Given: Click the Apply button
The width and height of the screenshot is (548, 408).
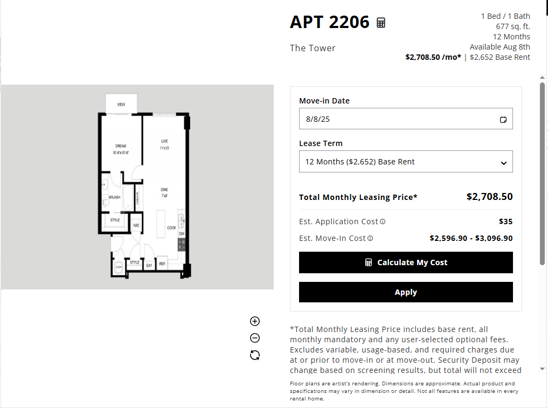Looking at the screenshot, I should click(x=406, y=292).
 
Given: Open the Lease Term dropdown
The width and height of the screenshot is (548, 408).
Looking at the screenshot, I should click(x=406, y=162).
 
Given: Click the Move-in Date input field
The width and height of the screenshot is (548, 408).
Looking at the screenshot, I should click(x=399, y=119).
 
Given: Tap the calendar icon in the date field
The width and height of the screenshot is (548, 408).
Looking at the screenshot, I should click(x=503, y=120).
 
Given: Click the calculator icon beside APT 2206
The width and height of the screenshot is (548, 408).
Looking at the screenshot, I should click(x=381, y=23).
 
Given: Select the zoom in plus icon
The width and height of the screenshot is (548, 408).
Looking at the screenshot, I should click(x=255, y=321).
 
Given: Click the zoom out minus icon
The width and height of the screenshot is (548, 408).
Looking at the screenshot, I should click(x=255, y=338).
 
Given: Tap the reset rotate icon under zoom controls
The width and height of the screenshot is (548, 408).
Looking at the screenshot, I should click(x=255, y=355).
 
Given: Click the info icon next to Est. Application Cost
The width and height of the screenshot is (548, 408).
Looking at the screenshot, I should click(x=383, y=222).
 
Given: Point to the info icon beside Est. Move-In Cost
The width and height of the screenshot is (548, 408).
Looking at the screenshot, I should click(x=370, y=238).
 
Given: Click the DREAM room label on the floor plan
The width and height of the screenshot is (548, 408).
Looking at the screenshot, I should click(x=121, y=146).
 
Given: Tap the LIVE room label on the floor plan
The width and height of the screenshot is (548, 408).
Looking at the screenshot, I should click(x=164, y=141).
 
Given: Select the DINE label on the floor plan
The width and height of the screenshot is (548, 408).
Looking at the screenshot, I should click(x=164, y=190).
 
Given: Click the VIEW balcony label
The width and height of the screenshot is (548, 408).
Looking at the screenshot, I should click(x=121, y=104).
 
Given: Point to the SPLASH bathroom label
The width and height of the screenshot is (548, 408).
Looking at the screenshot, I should click(x=114, y=197).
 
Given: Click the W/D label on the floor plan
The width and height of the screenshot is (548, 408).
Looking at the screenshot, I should click(x=136, y=225).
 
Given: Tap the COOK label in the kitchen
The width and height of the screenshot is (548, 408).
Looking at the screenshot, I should click(x=171, y=227).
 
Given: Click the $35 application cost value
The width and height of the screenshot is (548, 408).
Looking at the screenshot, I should click(x=506, y=222).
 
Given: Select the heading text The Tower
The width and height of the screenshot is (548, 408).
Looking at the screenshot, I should click(x=313, y=48).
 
